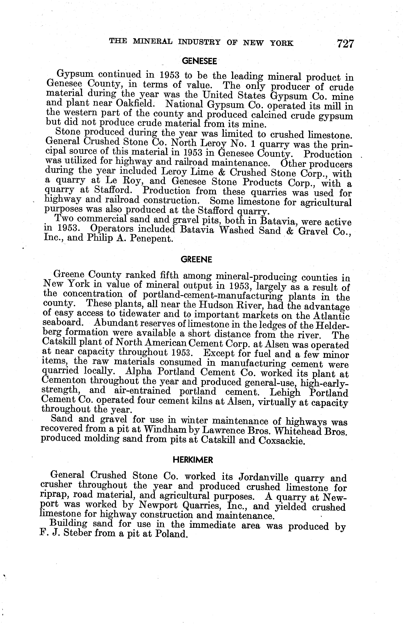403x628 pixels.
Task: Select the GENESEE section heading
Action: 199,61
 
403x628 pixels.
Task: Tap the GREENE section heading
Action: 196,259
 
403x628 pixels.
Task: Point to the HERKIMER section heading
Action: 193,460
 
